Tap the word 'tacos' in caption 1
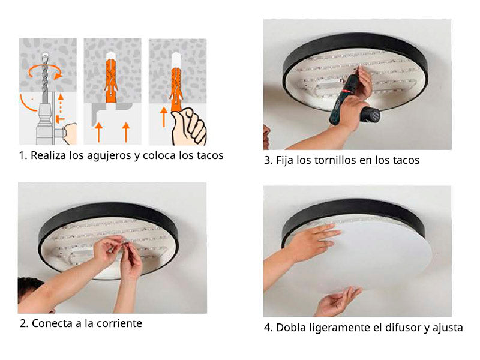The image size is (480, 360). (210, 155)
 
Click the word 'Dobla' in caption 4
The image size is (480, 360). (290, 328)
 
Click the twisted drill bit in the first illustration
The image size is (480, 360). (45, 78)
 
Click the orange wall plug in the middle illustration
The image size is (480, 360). (111, 81)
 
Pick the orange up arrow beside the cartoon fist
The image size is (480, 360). (164, 117)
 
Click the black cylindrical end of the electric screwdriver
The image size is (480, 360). (370, 115)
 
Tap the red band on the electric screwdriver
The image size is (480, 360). (347, 91)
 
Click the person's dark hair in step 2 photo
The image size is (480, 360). (28, 287)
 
